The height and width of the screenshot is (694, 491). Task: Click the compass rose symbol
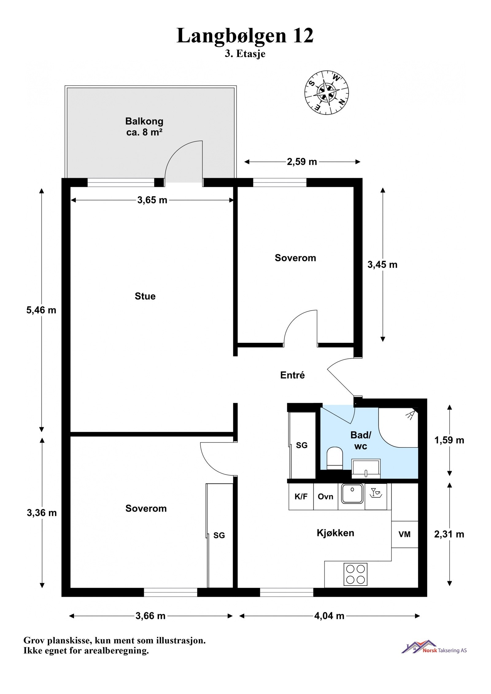[x=326, y=92]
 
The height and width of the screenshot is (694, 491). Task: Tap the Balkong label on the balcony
[x=144, y=121]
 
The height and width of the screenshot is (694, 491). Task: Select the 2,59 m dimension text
[x=302, y=162]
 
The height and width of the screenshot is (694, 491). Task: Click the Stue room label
[x=145, y=296]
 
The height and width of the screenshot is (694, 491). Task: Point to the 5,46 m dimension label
[x=41, y=310]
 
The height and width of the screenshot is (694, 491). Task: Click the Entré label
[x=292, y=375]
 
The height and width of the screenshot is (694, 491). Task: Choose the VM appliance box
[x=404, y=535]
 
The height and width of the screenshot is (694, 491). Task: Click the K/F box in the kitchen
[x=301, y=497]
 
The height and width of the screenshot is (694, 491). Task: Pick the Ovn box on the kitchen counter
[x=325, y=497]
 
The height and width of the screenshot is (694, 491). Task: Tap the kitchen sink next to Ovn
[x=352, y=493]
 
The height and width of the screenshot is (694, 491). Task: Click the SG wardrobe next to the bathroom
[x=302, y=445]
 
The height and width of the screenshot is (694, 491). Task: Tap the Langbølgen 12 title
[x=245, y=36]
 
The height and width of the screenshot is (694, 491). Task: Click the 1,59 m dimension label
[x=449, y=440]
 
